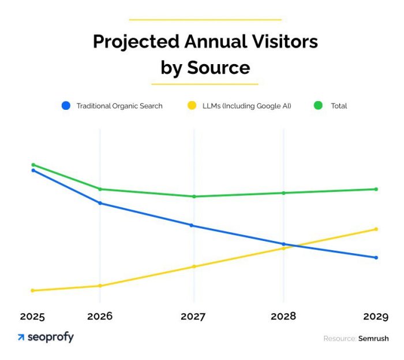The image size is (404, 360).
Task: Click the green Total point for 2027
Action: [194, 196]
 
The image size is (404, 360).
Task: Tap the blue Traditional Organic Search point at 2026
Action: [100, 203]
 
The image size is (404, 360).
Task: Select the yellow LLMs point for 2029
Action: [376, 229]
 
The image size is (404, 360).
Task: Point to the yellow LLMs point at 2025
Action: [33, 291]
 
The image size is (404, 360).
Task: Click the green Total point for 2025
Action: [33, 165]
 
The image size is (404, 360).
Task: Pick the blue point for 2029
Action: [376, 258]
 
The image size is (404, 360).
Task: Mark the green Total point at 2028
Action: [283, 193]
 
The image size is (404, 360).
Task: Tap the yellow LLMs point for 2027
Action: [194, 266]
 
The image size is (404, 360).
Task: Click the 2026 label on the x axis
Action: [100, 317]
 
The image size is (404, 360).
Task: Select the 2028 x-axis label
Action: [283, 317]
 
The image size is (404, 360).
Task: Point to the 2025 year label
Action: [32, 317]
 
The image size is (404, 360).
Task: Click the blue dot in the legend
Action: [66, 106]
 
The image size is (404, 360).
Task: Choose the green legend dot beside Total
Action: [317, 106]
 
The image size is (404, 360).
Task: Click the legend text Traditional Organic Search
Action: [119, 106]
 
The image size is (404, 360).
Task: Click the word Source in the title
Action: [218, 68]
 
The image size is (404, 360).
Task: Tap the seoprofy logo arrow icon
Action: [21, 337]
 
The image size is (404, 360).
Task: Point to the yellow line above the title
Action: [205, 20]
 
